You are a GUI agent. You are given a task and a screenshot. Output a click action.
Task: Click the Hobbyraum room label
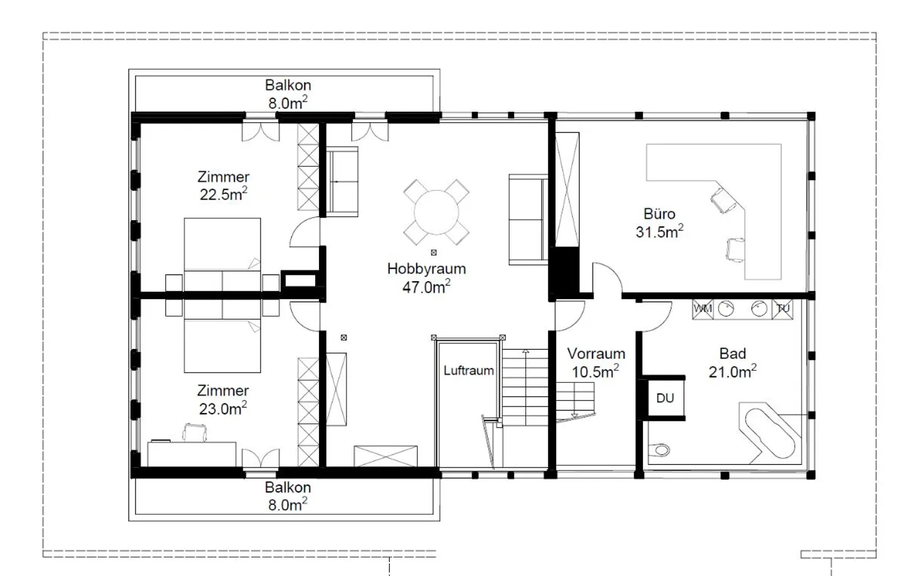pyautogui.click(x=427, y=269)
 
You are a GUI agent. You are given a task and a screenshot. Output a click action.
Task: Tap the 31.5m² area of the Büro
pyautogui.click(x=659, y=232)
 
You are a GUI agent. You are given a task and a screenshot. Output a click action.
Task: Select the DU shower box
pyautogui.click(x=665, y=398)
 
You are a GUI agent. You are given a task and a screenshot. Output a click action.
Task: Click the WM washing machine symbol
pyautogui.click(x=702, y=309)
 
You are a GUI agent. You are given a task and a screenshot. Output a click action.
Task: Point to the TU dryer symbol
pyautogui.click(x=782, y=309)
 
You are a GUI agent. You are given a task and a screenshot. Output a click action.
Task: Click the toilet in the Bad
pyautogui.click(x=659, y=449)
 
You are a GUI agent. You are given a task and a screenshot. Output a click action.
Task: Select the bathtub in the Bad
pyautogui.click(x=769, y=433)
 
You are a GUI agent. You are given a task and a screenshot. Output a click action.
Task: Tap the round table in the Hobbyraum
pyautogui.click(x=436, y=212)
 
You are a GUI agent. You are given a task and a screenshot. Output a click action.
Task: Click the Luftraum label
pyautogui.click(x=468, y=370)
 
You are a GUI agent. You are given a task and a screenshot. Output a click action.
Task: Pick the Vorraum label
pyautogui.click(x=596, y=354)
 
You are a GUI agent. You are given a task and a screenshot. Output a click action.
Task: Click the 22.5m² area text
pyautogui.click(x=223, y=194)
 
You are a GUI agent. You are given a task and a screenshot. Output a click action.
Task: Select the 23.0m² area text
pyautogui.click(x=223, y=408)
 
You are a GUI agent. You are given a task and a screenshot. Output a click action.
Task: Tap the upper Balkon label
pyautogui.click(x=288, y=85)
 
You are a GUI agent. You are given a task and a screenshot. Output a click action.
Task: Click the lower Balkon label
pyautogui.click(x=288, y=488)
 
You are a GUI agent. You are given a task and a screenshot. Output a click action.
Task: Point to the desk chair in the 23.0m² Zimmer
pyautogui.click(x=194, y=432)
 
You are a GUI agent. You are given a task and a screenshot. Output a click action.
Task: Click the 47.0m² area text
pyautogui.click(x=426, y=287)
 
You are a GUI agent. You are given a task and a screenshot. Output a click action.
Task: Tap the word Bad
pyautogui.click(x=733, y=354)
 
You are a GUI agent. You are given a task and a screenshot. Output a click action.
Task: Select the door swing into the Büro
pyautogui.click(x=608, y=277)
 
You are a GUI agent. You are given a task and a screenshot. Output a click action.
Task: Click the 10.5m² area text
pyautogui.click(x=595, y=371)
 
